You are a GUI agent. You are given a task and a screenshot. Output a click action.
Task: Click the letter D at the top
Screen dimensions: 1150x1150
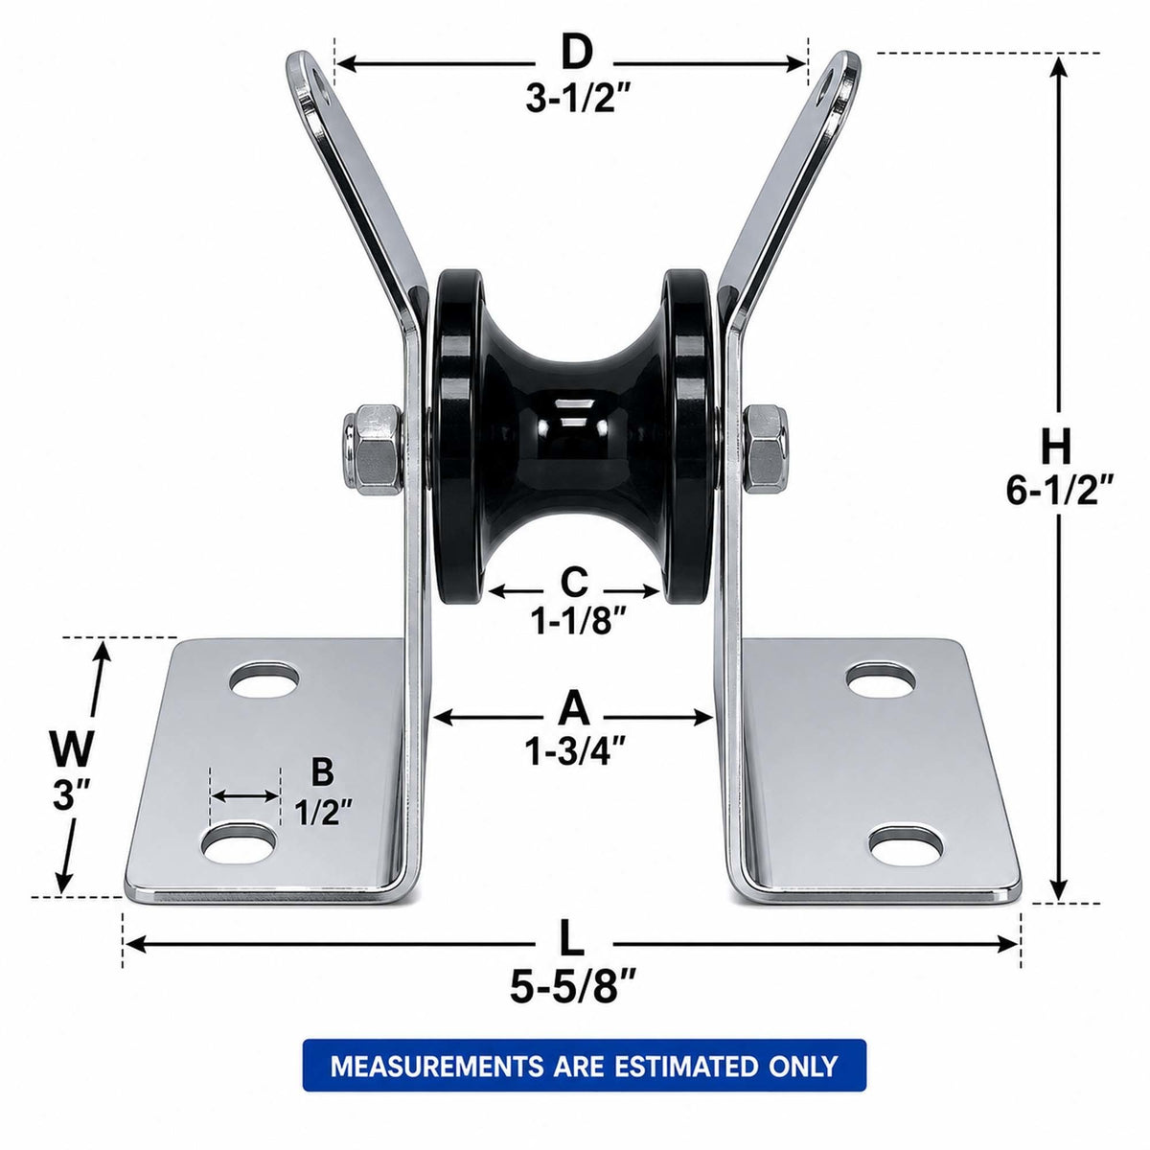tap(577, 53)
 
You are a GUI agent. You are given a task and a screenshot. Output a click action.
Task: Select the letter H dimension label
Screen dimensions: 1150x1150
tap(1056, 448)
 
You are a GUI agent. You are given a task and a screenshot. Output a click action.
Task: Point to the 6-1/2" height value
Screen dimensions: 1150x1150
tap(1060, 491)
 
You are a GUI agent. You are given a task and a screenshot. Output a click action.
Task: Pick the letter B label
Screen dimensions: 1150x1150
tap(323, 772)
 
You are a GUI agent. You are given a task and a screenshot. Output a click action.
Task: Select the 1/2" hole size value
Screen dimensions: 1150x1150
tap(323, 813)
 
